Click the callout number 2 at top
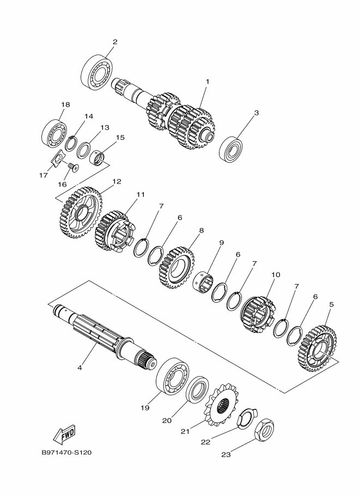(x=115, y=42)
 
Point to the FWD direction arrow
(x=64, y=434)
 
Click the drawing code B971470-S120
(x=66, y=453)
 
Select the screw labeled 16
(x=74, y=167)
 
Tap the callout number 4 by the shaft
(x=80, y=368)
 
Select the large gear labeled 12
(x=79, y=212)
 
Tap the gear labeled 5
(x=316, y=348)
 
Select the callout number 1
(x=207, y=82)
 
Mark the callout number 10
(x=276, y=275)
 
